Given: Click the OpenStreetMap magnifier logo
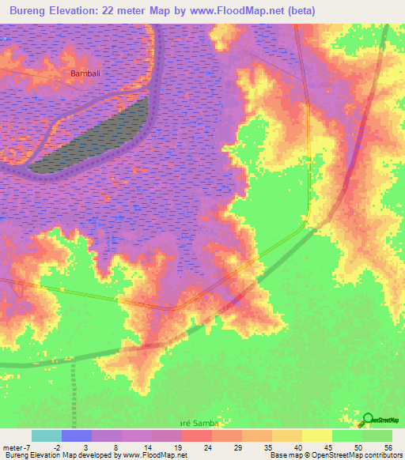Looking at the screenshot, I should click(x=369, y=420).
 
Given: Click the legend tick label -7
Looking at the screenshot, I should click(x=27, y=447).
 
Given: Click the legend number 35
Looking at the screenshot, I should click(x=268, y=447).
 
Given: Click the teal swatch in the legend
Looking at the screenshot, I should click(x=47, y=435).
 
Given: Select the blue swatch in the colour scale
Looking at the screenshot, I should click(x=77, y=435).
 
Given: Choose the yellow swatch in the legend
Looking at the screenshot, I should click(x=317, y=435).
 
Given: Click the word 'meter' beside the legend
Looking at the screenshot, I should click(x=12, y=447).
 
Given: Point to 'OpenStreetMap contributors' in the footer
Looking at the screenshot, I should click(x=357, y=456).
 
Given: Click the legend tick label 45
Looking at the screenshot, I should click(x=327, y=447).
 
